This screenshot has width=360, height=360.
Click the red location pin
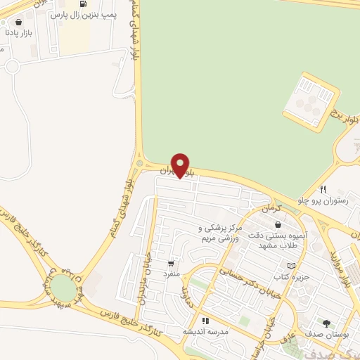(x=181, y=165)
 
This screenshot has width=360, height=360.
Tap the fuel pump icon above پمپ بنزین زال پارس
(x=84, y=5)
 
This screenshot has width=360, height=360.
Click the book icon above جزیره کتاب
(x=292, y=265)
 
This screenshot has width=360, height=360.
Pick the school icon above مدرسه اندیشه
(x=205, y=321)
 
